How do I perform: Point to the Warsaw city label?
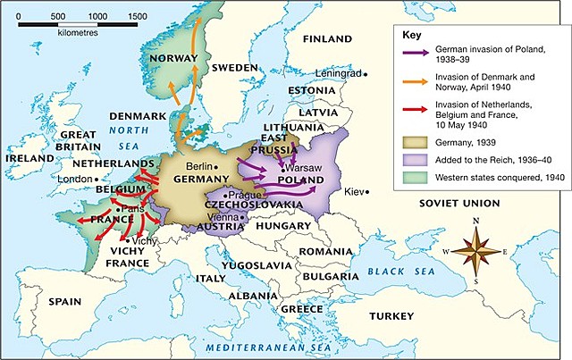tap(304, 167)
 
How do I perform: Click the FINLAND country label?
tap(327, 39)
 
